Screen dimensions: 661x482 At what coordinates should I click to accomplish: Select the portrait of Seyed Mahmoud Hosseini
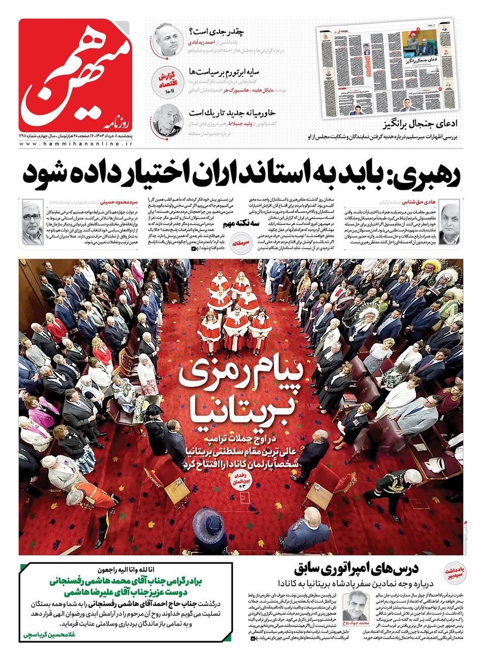coord(32,222)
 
